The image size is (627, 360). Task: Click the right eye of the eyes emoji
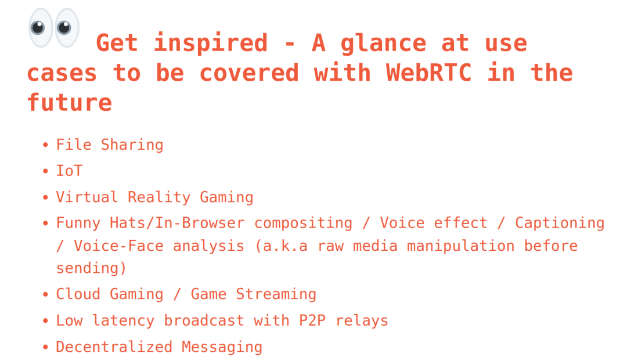(x=67, y=28)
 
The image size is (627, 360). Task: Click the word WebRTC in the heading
(x=428, y=73)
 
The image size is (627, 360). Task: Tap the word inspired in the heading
(x=211, y=44)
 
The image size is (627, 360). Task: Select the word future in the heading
(x=69, y=103)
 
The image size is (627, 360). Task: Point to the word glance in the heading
(x=383, y=44)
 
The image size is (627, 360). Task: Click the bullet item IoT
(x=69, y=171)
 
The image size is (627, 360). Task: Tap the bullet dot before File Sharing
(x=46, y=145)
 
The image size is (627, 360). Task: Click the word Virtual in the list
(x=87, y=197)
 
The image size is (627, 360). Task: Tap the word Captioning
(x=560, y=224)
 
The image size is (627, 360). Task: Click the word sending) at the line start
(x=91, y=268)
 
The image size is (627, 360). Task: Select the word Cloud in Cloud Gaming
(x=78, y=294)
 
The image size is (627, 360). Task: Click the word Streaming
(x=276, y=294)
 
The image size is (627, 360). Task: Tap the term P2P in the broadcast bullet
(x=312, y=321)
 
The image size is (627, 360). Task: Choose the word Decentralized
(x=114, y=347)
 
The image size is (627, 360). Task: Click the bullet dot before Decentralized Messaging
(x=46, y=348)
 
